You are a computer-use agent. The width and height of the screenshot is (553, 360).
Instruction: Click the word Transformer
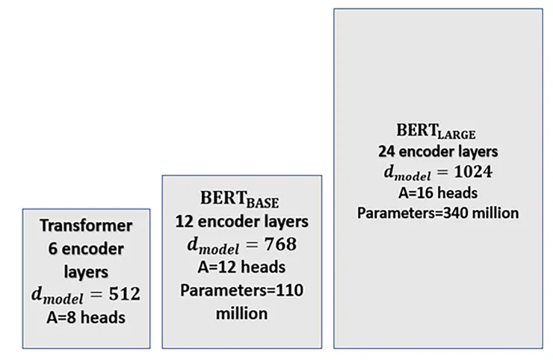pos(86,226)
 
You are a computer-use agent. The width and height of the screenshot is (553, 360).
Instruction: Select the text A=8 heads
pos(86,317)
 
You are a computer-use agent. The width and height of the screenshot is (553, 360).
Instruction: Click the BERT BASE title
pos(241,199)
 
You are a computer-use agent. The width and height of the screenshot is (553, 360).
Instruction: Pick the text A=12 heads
pos(241,267)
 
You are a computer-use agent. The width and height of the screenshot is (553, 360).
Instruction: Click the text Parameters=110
pos(241,290)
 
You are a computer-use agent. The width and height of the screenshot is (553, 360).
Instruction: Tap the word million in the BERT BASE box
pos(241,313)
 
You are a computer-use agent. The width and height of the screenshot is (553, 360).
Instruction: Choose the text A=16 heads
pos(437,193)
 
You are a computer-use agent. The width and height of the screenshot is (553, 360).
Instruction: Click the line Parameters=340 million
pos(437,213)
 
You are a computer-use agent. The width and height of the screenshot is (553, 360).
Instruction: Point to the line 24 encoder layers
pos(437,152)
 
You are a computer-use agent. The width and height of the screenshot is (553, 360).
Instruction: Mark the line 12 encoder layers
pos(241,222)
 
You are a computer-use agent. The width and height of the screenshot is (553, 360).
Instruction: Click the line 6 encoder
pos(86,248)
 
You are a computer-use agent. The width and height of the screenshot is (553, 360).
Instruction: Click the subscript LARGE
pos(457,134)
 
